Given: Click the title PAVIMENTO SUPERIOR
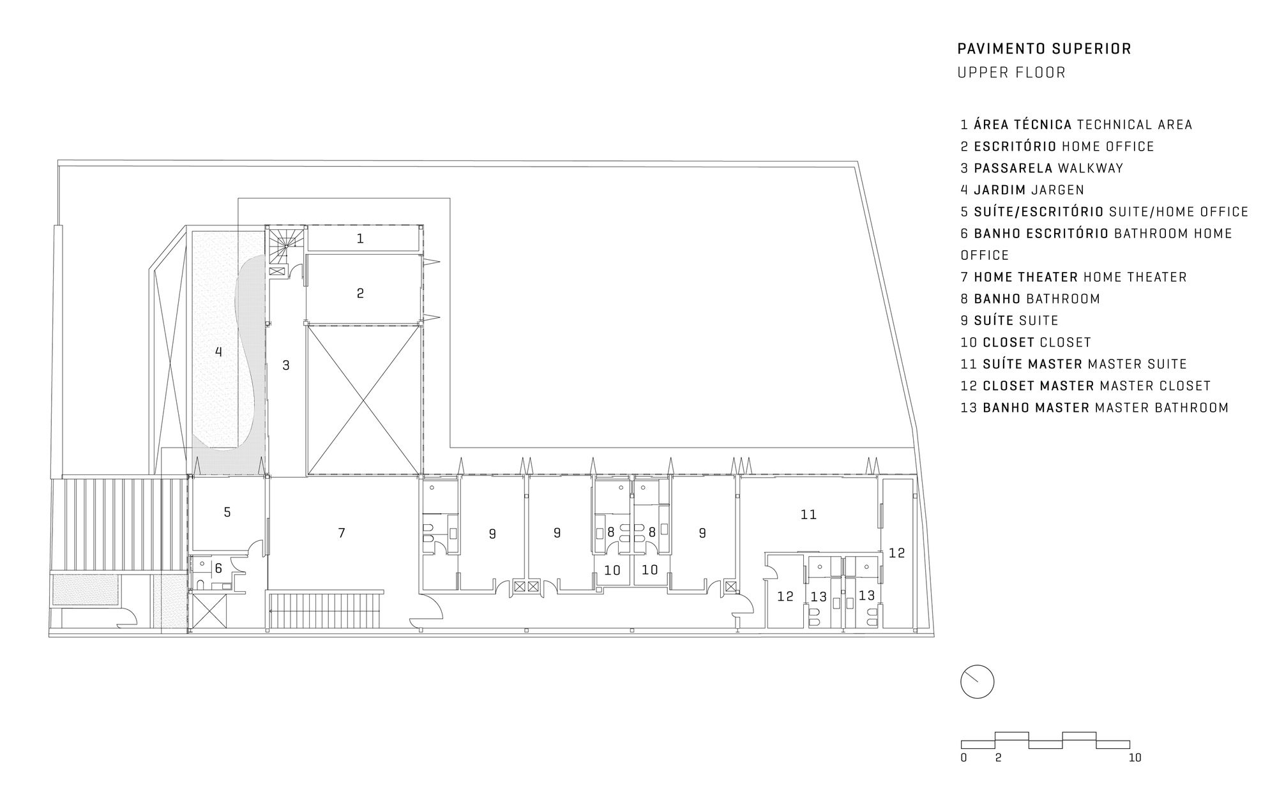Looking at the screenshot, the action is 1044,49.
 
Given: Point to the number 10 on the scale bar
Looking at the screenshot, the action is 1135,758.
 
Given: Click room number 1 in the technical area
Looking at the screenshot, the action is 360,239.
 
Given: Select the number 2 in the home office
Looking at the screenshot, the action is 360,293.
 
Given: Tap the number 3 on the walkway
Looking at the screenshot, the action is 286,365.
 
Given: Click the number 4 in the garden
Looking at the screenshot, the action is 219,351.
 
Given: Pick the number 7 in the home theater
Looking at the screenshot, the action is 342,533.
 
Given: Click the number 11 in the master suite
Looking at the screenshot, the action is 808,514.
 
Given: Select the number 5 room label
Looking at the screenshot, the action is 227,512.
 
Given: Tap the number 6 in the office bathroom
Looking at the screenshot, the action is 218,568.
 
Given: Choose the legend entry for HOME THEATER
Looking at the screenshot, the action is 1074,277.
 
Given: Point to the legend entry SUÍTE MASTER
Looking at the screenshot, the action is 1074,364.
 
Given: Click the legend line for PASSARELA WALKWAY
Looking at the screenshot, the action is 1042,168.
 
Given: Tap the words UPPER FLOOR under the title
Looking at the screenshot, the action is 1011,73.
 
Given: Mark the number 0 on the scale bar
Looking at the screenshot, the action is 963,758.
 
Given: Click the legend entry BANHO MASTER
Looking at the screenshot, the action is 1094,407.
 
